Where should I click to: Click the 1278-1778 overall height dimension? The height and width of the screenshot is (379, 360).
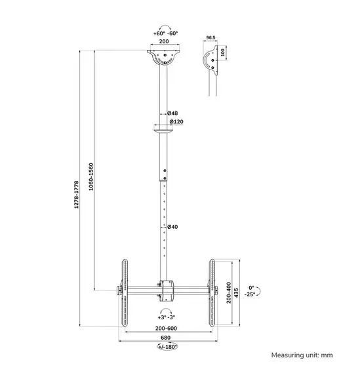pos(77,196)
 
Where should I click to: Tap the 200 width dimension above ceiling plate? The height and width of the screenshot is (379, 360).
pos(163,41)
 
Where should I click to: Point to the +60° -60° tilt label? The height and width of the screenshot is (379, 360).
pos(163,31)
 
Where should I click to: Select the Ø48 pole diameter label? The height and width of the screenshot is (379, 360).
pos(172,113)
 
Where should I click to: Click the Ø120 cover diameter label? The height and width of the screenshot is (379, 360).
pos(175,121)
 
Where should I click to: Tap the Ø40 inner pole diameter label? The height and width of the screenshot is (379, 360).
pos(172,227)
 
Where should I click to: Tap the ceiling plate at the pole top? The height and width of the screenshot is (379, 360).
pos(163,56)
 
